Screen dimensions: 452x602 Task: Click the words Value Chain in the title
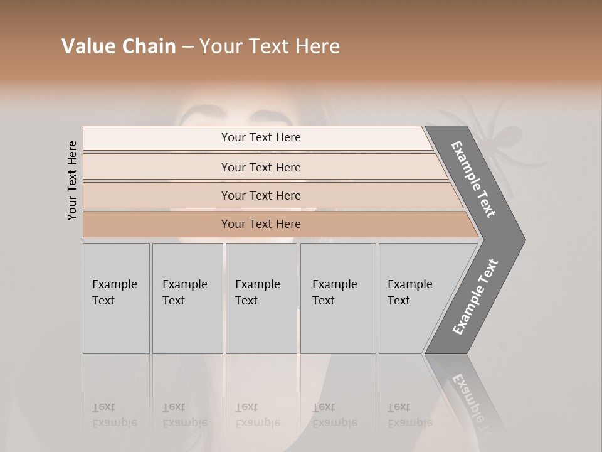click(119, 46)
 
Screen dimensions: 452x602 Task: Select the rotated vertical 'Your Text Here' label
click(72, 181)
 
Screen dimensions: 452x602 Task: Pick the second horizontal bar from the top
click(260, 167)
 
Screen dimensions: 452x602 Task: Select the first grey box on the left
click(116, 298)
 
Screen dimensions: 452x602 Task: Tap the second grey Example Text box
click(187, 298)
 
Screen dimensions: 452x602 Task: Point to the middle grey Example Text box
click(261, 298)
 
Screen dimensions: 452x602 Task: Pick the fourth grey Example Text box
click(338, 298)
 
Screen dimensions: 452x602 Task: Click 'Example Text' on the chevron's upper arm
click(473, 179)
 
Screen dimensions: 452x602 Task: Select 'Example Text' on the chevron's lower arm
click(475, 296)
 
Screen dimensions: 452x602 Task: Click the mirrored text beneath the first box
click(115, 416)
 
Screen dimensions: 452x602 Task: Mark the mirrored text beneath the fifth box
click(410, 416)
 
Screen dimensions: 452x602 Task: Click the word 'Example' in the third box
click(257, 284)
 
